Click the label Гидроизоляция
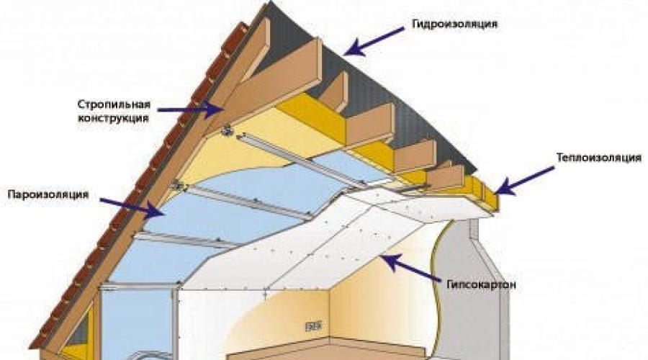coord(454,24)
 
